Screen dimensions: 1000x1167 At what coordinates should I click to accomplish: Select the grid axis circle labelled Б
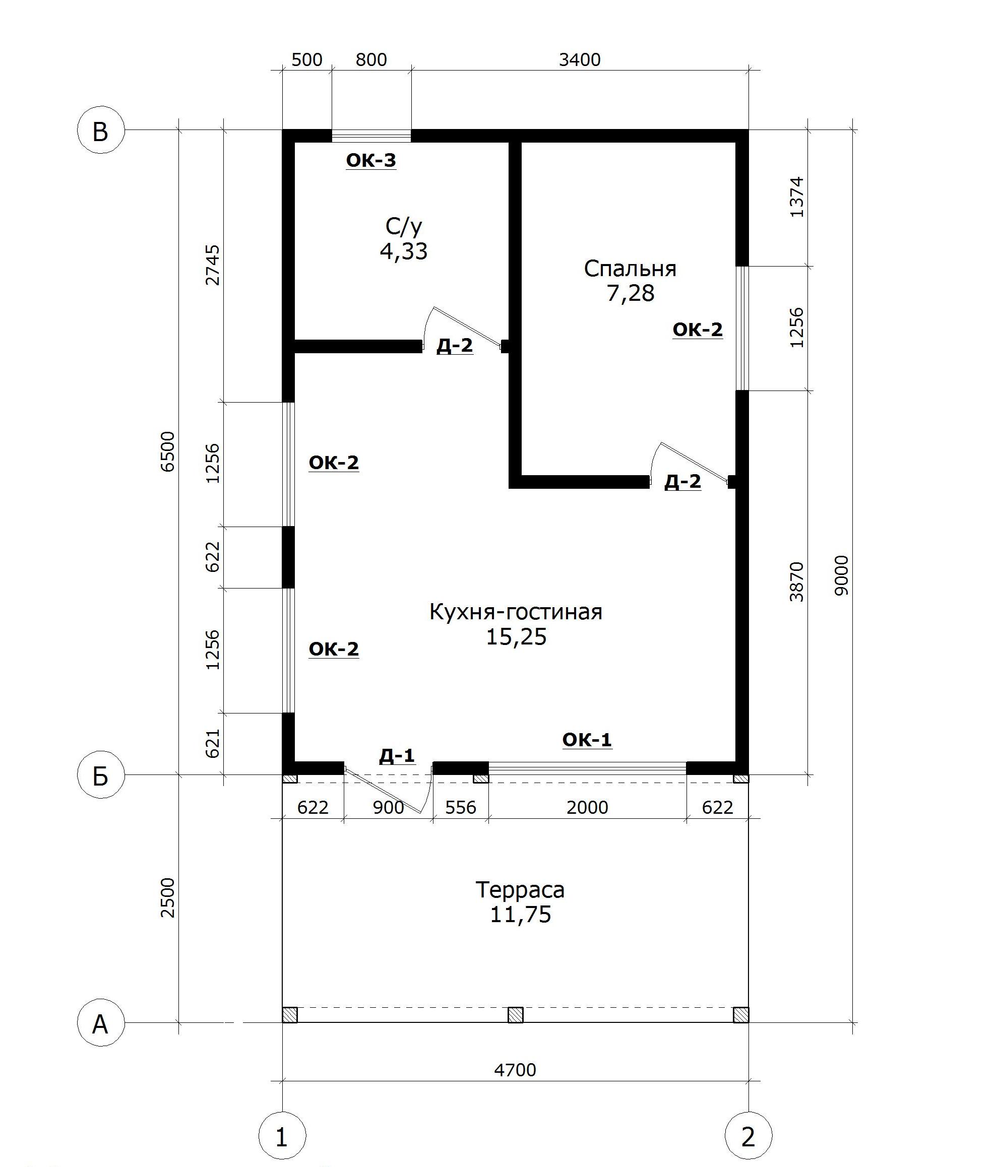(100, 775)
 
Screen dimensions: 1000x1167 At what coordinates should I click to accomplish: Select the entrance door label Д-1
(397, 755)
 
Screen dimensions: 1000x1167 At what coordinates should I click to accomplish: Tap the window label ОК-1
(587, 740)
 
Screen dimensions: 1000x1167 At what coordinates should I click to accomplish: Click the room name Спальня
(630, 269)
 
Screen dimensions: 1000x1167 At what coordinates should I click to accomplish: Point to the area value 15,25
(516, 636)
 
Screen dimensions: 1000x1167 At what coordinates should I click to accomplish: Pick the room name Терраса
(520, 889)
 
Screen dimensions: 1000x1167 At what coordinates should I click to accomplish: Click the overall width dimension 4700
(515, 1070)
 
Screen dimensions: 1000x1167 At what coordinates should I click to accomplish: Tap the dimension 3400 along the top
(580, 59)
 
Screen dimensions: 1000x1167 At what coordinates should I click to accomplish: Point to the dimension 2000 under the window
(587, 807)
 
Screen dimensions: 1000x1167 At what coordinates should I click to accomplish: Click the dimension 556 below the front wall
(461, 807)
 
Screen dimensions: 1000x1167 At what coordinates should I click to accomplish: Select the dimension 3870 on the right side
(796, 581)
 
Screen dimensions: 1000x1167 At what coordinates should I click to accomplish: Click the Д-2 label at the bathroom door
(455, 346)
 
